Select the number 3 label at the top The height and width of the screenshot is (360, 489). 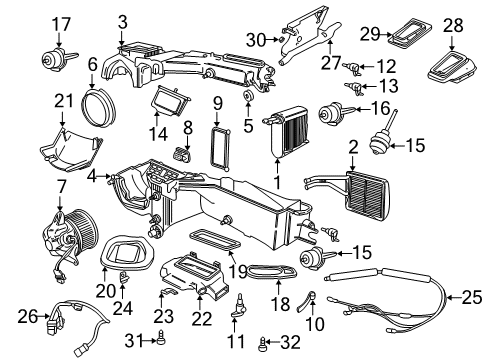122,21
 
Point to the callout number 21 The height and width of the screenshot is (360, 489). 64,101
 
